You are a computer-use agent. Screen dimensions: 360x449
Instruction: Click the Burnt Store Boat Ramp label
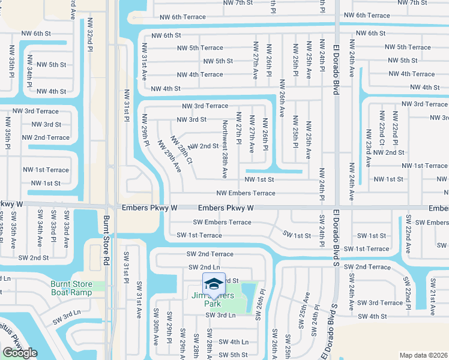[x=77, y=289]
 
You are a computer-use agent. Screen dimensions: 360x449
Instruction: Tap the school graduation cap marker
[x=214, y=283]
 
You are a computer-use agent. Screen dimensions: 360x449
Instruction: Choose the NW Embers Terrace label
[x=246, y=193]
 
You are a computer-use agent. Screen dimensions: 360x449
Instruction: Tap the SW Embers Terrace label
[x=222, y=222]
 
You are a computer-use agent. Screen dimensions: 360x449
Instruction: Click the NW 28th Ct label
[x=181, y=149]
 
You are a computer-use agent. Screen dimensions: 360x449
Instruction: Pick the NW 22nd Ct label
[x=381, y=128]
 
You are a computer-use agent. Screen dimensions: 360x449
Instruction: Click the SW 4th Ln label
[x=234, y=342]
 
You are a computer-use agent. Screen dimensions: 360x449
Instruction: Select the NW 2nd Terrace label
[x=46, y=137]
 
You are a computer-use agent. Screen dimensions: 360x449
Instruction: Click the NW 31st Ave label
[x=144, y=62]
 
